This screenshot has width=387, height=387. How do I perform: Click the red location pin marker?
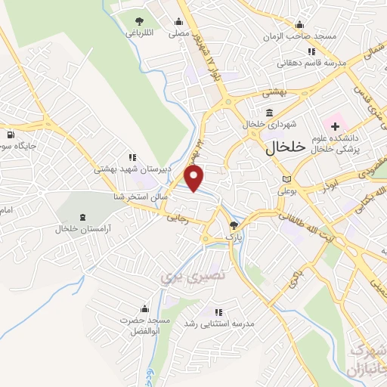tap(195, 179)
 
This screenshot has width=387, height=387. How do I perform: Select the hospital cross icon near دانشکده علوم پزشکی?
tap(335, 123)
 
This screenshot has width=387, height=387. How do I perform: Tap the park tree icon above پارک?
tap(234, 225)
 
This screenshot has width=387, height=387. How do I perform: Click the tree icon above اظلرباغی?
tap(138, 21)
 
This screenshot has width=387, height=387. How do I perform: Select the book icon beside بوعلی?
tap(285, 178)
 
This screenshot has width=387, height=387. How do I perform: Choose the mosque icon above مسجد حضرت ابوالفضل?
tap(145, 309)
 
